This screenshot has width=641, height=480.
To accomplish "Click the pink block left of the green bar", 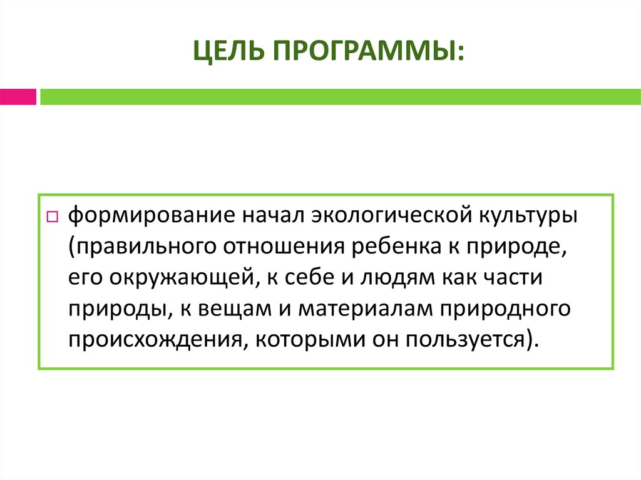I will [18, 97].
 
